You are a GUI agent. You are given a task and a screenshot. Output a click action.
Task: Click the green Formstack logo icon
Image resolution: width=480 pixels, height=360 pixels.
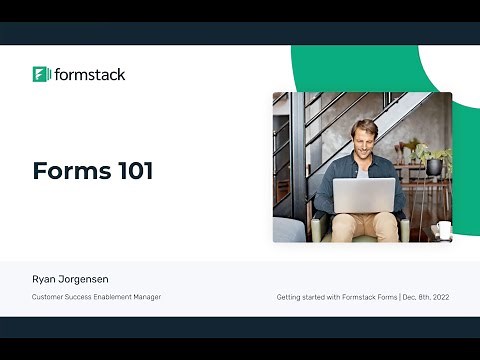[41, 74]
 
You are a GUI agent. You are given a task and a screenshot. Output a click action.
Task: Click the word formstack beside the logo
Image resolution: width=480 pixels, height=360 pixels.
[90, 74]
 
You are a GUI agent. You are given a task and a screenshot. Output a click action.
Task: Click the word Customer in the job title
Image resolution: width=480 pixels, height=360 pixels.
[48, 297]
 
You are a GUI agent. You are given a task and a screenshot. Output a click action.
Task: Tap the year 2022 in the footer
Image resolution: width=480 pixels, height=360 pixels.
[438, 297]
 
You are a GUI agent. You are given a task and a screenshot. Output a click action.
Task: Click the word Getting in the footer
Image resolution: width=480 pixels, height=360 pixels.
[290, 297]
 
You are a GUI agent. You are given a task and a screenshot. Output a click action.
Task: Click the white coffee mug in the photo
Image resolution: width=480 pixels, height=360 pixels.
[437, 231]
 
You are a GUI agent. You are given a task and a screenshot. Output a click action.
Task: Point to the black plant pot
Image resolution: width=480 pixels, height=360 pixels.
[433, 167]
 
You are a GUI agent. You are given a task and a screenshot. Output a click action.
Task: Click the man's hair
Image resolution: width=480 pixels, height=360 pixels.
[364, 123]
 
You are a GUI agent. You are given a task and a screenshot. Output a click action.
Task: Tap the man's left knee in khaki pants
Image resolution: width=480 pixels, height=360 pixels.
[385, 218]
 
